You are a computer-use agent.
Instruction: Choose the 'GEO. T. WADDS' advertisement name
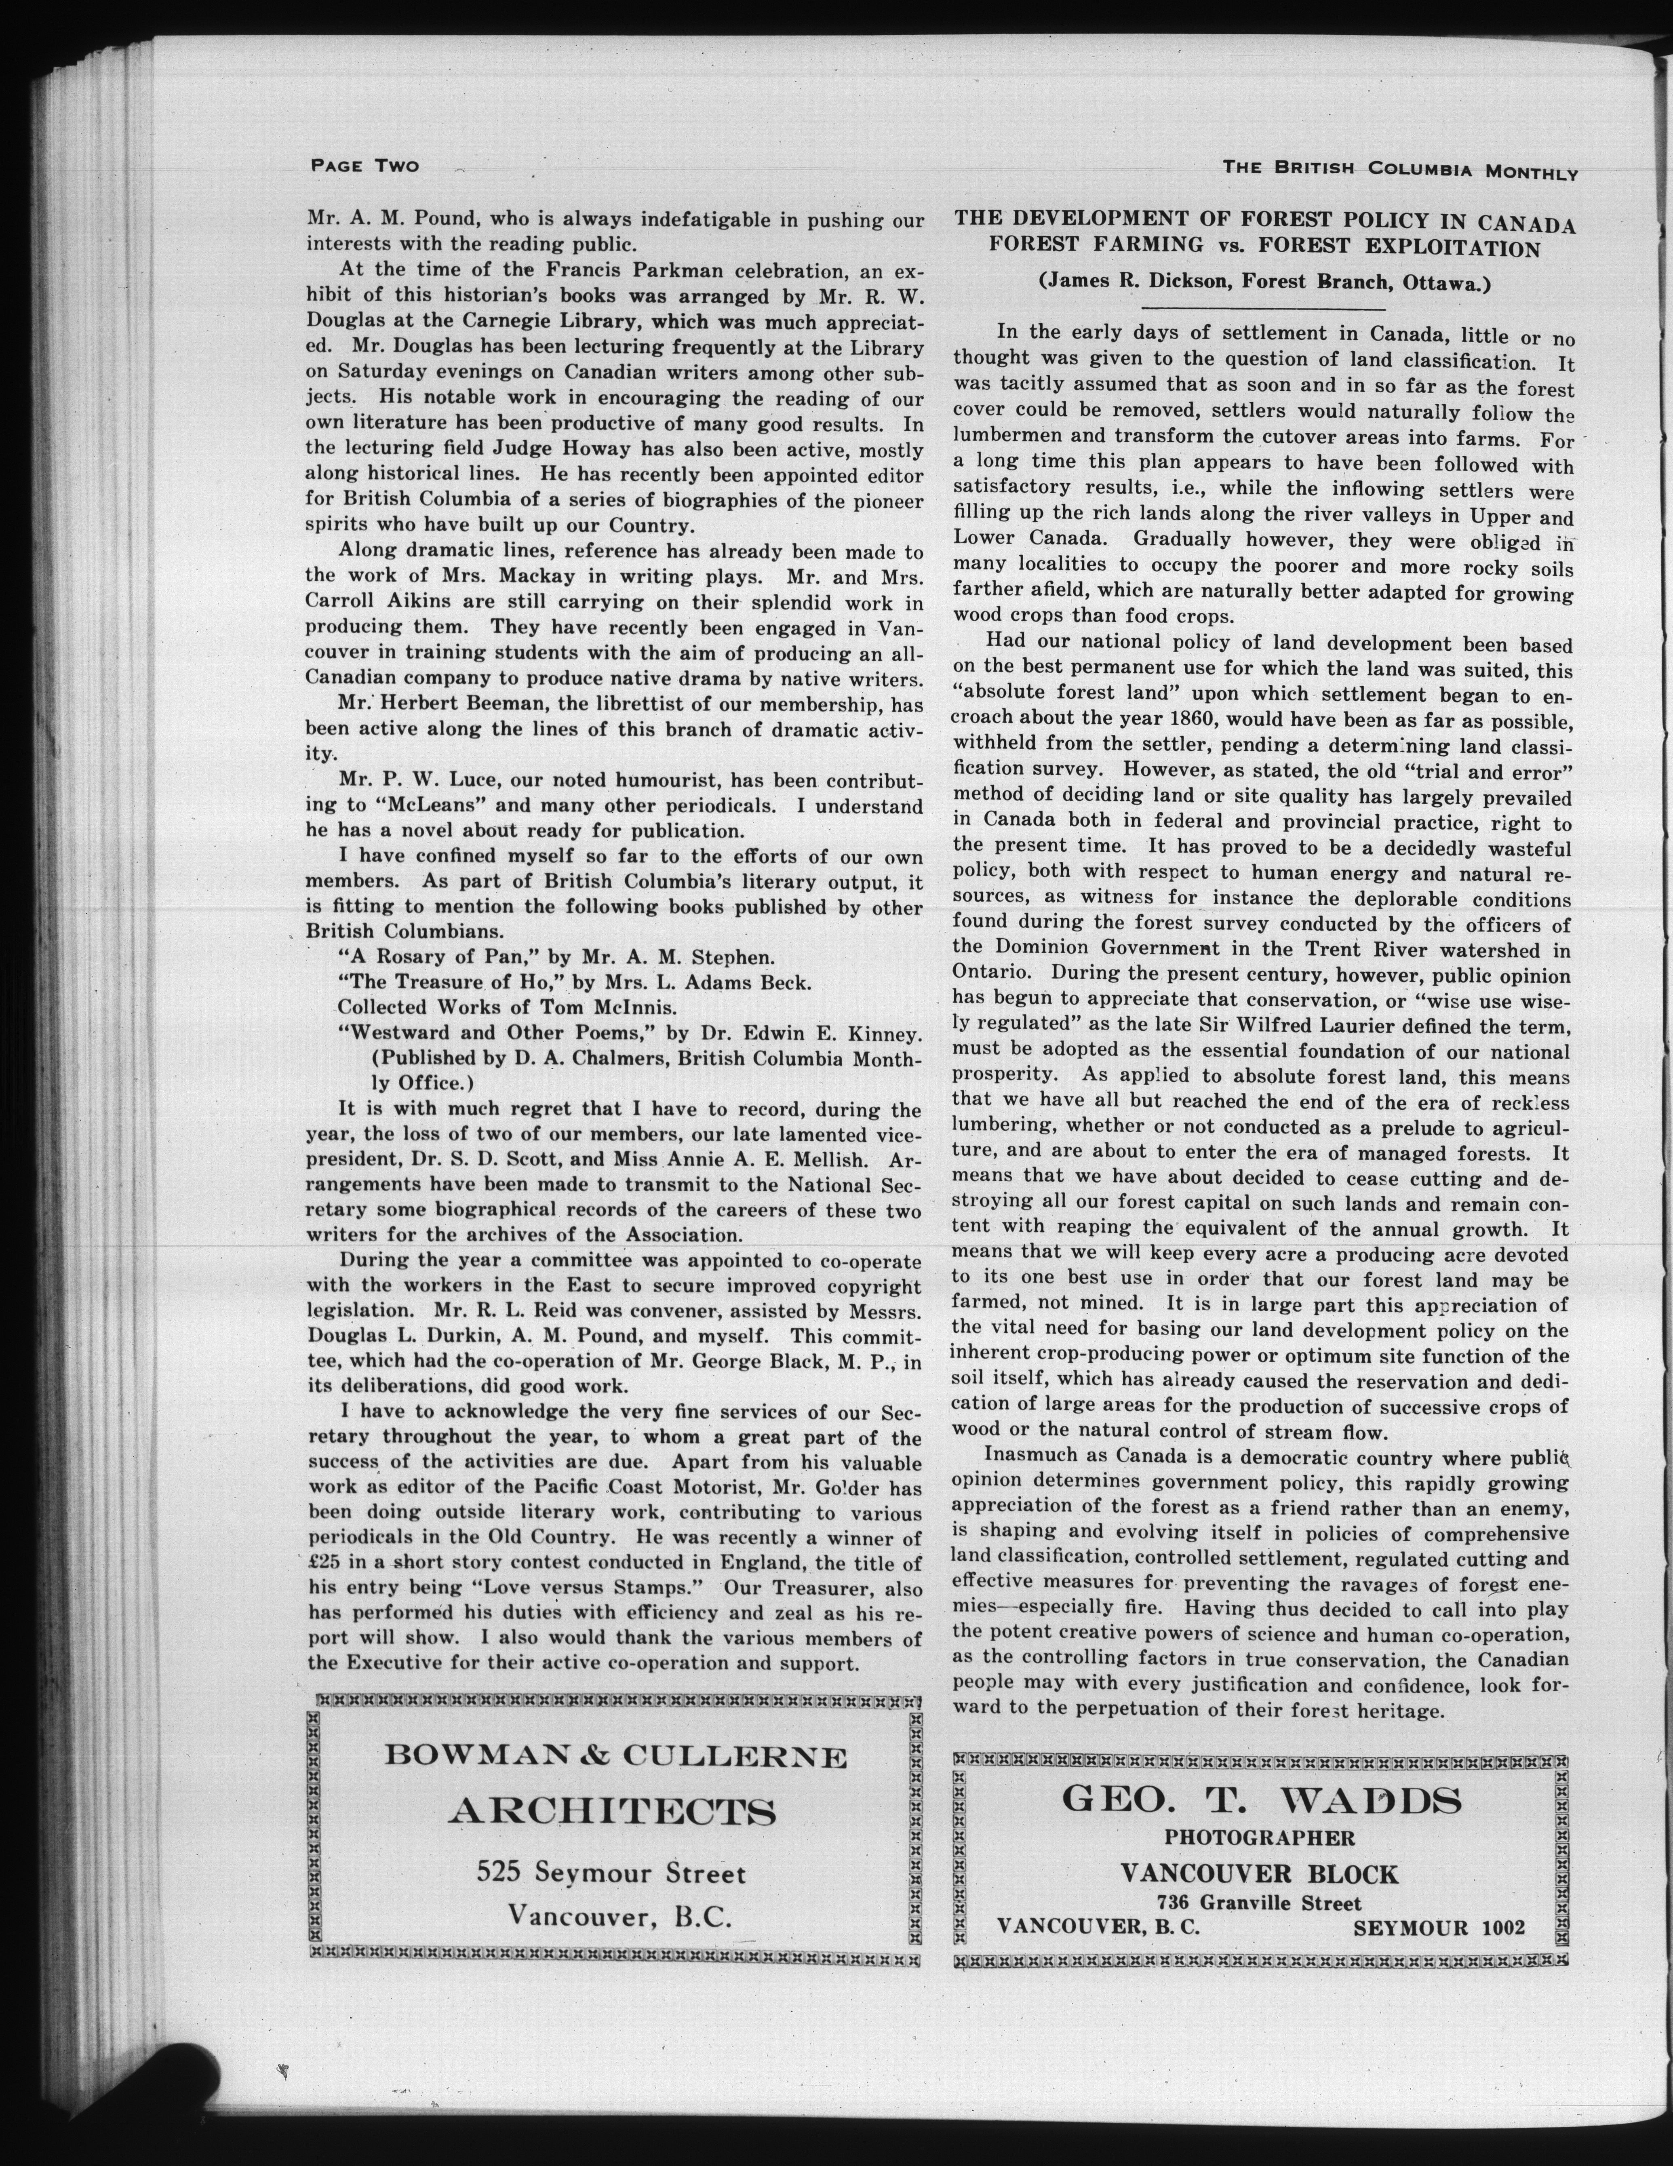(x=1262, y=1798)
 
